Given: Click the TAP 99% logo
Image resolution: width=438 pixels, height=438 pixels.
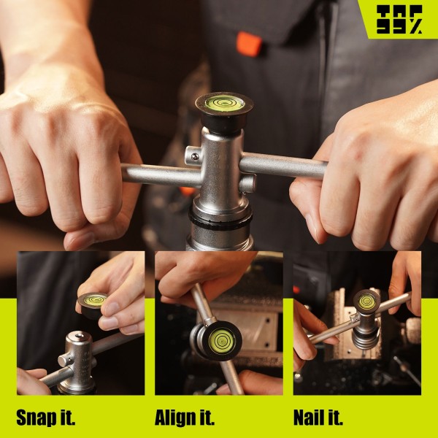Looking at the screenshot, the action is tap(399, 20).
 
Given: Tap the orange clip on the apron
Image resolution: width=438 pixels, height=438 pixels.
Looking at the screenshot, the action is tap(249, 44).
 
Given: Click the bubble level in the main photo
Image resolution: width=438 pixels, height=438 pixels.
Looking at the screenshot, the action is tap(225, 103).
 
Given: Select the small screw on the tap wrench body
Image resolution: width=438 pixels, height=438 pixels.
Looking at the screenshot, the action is tap(195, 157).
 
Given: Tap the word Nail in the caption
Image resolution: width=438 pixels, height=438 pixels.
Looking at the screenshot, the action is tap(310, 418).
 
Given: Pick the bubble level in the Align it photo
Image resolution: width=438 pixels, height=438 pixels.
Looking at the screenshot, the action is tap(222, 340).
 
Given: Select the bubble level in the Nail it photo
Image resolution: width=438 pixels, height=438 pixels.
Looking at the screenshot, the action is tap(366, 301).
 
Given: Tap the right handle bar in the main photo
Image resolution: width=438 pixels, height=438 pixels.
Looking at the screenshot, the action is tap(283, 166).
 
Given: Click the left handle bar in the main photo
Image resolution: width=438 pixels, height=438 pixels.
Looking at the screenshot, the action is tap(161, 175).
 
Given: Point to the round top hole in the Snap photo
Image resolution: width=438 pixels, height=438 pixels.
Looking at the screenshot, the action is tap(80, 334).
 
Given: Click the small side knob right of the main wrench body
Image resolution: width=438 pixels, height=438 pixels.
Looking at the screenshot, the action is tap(247, 182).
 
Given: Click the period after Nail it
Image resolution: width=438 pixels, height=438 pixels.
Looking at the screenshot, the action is tap(340, 423).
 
